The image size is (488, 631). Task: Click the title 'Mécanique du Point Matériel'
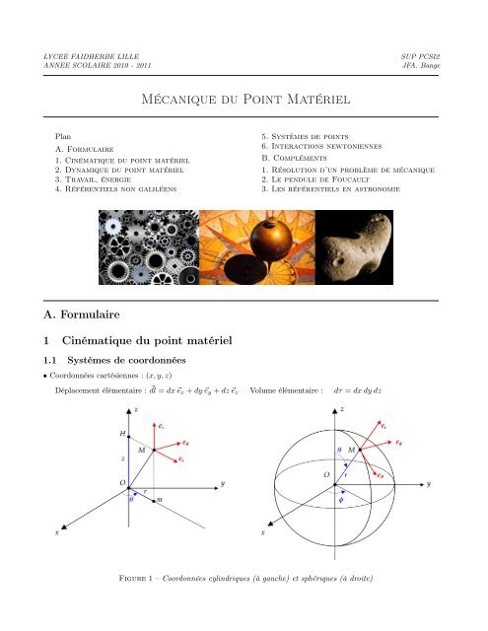pos(243,100)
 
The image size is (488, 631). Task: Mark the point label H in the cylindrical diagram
pos(122,433)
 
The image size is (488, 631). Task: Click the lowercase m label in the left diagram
pos(159,501)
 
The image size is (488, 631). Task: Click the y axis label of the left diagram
pos(223,483)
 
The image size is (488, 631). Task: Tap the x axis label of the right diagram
pos(262,530)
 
